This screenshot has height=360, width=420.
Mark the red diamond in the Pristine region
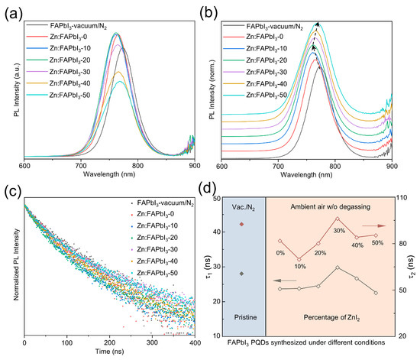tap(241, 224)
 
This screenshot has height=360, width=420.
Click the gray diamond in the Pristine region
tap(241, 273)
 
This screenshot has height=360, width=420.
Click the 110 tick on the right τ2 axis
tap(398, 198)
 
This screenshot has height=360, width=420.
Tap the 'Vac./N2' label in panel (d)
tap(241, 208)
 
